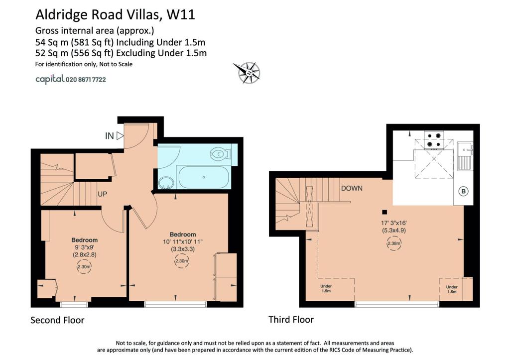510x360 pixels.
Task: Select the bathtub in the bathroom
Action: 204,177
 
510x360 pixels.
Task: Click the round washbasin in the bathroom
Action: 166,183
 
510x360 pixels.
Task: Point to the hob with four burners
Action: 434,140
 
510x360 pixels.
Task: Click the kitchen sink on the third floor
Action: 465,156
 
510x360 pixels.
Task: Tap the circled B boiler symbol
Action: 464,191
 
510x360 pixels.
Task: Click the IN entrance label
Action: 110,136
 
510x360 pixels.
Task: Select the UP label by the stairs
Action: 103,194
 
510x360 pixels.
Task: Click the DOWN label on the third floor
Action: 352,188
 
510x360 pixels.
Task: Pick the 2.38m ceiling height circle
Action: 394,243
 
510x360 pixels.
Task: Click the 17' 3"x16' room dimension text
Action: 394,223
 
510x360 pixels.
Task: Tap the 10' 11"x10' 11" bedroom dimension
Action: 183,242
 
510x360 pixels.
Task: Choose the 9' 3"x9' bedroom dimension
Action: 84,247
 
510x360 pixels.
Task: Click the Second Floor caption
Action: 57,320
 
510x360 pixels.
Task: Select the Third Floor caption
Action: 291,319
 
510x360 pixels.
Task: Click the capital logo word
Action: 50,79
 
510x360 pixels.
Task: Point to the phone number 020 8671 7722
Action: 86,79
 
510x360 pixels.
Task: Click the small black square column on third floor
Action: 384,212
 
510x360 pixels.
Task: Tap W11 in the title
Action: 180,14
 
